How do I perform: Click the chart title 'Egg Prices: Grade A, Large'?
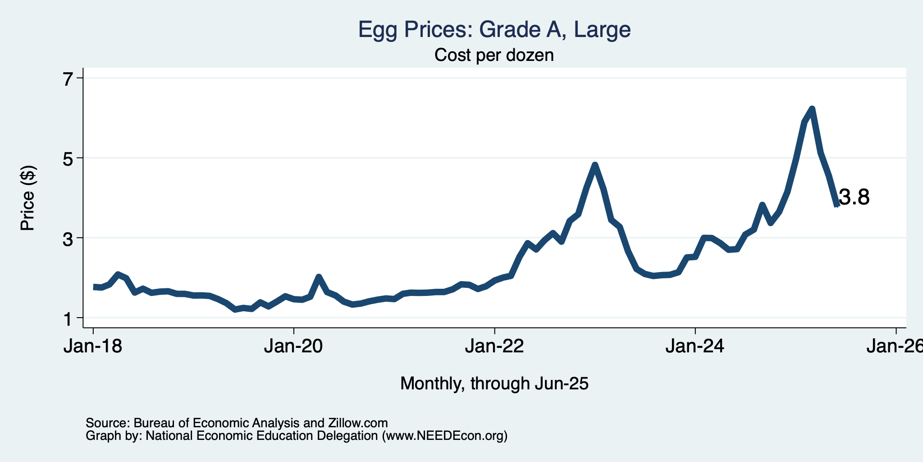coord(494,30)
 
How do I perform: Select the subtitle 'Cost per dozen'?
coord(494,55)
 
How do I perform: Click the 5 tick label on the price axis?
coord(68,158)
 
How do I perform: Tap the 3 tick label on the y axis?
coord(68,238)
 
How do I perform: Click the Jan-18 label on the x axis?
coord(93,346)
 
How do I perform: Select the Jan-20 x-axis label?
coord(294,346)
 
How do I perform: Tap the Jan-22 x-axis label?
coord(494,346)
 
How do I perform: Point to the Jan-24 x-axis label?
coord(695,346)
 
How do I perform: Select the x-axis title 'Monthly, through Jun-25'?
coord(494,384)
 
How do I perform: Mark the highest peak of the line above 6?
coord(812,108)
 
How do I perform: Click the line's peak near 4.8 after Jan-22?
coord(595,165)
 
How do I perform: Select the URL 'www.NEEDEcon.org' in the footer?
coord(444,436)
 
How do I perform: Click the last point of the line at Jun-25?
coord(837,205)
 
